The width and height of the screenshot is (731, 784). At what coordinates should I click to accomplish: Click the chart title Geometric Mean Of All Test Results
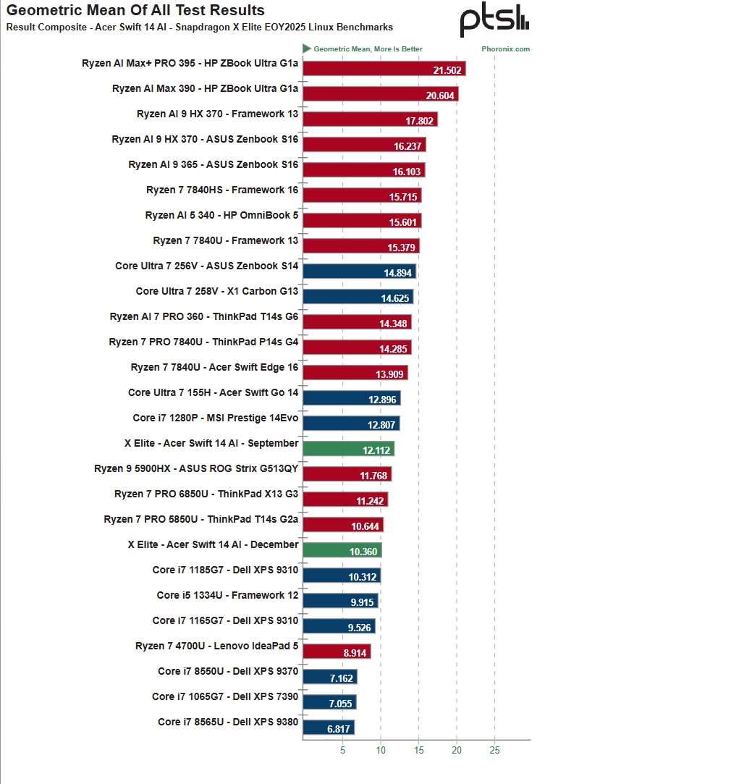point(135,11)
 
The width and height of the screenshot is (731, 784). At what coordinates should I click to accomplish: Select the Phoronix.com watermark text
point(505,49)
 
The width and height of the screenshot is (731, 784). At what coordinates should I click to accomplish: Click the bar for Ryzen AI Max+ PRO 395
point(384,69)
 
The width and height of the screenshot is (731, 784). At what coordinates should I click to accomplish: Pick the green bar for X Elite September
point(348,449)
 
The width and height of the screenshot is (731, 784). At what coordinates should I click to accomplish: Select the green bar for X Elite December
point(342,550)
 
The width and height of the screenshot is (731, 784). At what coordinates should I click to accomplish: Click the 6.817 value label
point(339,729)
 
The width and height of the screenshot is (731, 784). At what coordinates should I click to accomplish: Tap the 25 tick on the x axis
point(494,750)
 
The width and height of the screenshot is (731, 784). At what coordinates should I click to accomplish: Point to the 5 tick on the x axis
point(342,750)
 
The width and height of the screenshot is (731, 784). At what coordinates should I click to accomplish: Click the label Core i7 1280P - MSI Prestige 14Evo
point(216,418)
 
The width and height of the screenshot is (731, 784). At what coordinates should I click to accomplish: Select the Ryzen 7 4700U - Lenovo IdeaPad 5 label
point(216,646)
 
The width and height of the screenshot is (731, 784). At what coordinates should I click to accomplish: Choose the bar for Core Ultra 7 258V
point(358,297)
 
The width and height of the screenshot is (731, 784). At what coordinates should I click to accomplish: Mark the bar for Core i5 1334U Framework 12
point(340,601)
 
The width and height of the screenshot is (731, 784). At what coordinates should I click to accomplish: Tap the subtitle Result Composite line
point(200,28)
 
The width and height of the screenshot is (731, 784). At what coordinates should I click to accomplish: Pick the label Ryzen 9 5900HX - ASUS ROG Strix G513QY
point(196,468)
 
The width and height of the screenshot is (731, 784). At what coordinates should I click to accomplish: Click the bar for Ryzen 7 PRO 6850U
point(345,500)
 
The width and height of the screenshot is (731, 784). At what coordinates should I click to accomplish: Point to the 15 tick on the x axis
point(418,750)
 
